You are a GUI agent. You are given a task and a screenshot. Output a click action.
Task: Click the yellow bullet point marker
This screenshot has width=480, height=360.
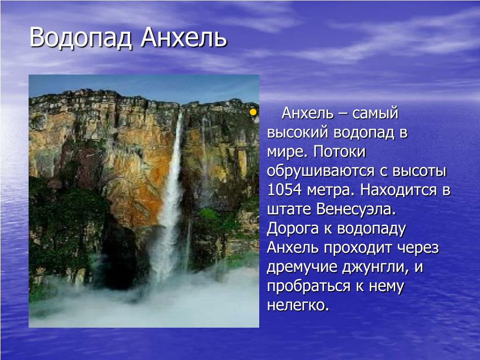(253, 112)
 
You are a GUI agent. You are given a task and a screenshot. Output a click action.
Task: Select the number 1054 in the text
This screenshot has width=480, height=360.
(285, 190)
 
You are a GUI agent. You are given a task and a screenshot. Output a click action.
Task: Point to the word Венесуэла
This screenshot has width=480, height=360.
(356, 209)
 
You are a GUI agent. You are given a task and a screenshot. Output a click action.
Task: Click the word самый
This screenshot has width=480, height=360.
(375, 113)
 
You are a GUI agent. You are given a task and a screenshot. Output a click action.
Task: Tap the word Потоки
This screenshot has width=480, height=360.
(339, 151)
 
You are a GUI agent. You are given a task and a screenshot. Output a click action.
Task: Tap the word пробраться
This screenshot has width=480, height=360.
(308, 286)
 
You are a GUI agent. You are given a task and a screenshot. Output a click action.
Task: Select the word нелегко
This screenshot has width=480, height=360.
(298, 306)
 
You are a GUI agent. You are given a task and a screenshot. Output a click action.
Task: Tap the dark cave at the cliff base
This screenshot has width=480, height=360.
(120, 257)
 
